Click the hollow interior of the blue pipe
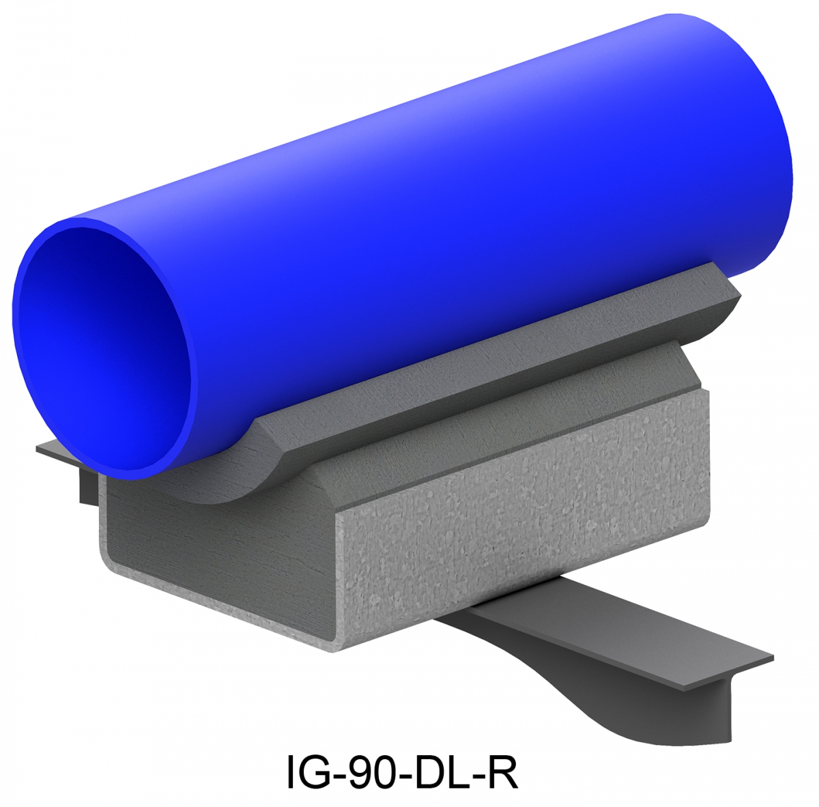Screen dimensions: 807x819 (102, 348)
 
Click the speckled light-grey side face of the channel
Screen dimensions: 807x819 (519, 519)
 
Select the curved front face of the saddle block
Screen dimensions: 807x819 (225, 478)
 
